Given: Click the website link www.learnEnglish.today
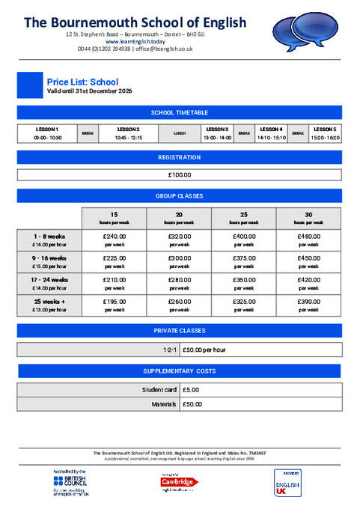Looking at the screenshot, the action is coord(135,41).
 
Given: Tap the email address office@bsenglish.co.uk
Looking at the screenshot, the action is coord(163,49).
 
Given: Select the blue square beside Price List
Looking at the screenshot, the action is coord(30,85).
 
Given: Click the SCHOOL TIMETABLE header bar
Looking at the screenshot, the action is coord(180,113).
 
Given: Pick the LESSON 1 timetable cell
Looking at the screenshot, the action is coord(47,133).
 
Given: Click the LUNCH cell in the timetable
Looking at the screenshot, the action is coord(180,133).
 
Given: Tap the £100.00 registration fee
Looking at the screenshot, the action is coord(180,175).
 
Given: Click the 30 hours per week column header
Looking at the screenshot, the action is coord(309,218).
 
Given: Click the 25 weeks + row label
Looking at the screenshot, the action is coord(50,305).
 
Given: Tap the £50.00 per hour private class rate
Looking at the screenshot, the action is coord(204,350).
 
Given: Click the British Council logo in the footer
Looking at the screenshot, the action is coord(71,483).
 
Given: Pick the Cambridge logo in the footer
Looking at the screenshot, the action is coord(177,482).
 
